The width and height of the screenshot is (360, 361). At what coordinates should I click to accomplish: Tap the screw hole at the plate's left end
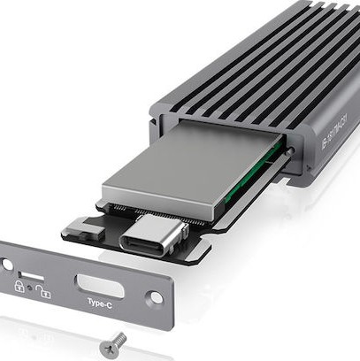point(6,264)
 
